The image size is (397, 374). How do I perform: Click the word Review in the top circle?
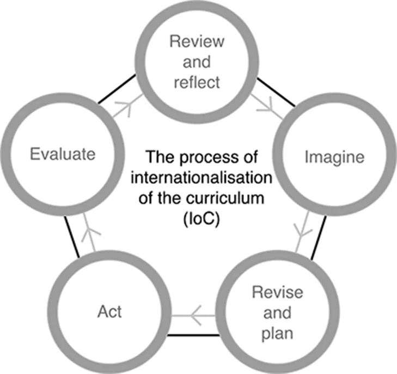(198, 41)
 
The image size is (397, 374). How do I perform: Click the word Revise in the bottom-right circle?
(278, 292)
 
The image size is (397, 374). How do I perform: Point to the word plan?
(277, 333)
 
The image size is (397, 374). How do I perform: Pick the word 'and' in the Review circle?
(198, 62)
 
